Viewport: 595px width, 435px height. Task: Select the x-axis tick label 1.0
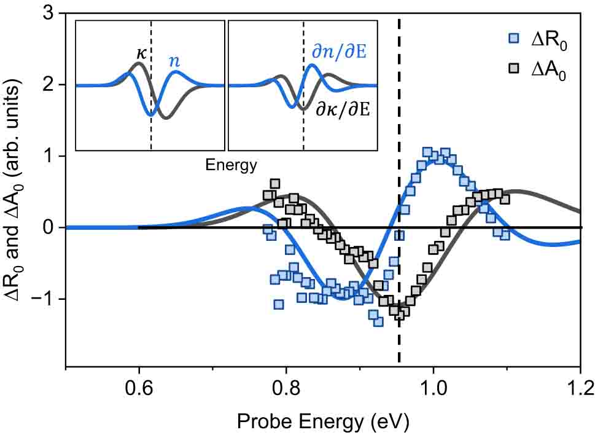(x=433, y=389)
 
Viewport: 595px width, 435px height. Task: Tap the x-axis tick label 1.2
(x=580, y=389)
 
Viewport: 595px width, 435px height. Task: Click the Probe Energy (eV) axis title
(x=322, y=421)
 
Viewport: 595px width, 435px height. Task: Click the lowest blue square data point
(x=378, y=321)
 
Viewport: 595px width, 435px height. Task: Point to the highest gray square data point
(x=275, y=184)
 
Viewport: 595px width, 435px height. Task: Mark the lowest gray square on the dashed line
(x=400, y=315)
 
